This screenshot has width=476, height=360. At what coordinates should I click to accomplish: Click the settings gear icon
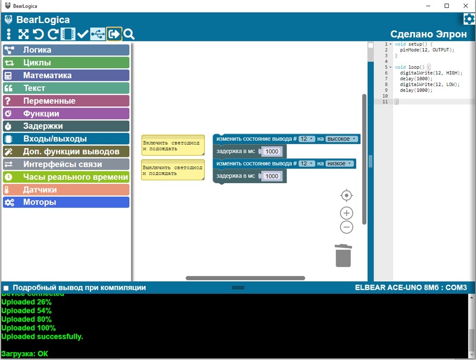click(469, 19)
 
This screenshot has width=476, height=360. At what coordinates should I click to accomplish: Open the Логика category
click(66, 50)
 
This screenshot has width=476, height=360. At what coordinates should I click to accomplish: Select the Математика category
click(66, 75)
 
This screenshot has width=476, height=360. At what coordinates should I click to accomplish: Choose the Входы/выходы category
click(66, 139)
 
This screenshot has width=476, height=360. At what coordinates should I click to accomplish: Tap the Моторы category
click(66, 202)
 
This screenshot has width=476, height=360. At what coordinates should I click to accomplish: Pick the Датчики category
click(66, 190)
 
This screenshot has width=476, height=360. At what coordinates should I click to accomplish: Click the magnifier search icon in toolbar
click(129, 34)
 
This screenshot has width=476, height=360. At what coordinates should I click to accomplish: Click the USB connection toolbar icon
click(97, 34)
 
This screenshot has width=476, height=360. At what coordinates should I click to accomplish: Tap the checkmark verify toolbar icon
click(82, 34)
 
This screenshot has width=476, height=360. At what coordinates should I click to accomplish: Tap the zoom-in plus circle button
click(346, 213)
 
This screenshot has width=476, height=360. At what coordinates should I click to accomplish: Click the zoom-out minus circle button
click(346, 227)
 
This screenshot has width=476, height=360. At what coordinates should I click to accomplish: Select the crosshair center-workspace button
click(346, 195)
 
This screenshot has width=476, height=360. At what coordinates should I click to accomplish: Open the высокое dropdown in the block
click(342, 139)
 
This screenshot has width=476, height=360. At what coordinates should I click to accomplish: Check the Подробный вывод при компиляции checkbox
click(5, 288)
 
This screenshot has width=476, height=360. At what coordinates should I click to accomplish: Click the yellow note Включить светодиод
click(173, 145)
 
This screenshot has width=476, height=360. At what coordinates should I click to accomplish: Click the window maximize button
click(446, 6)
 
